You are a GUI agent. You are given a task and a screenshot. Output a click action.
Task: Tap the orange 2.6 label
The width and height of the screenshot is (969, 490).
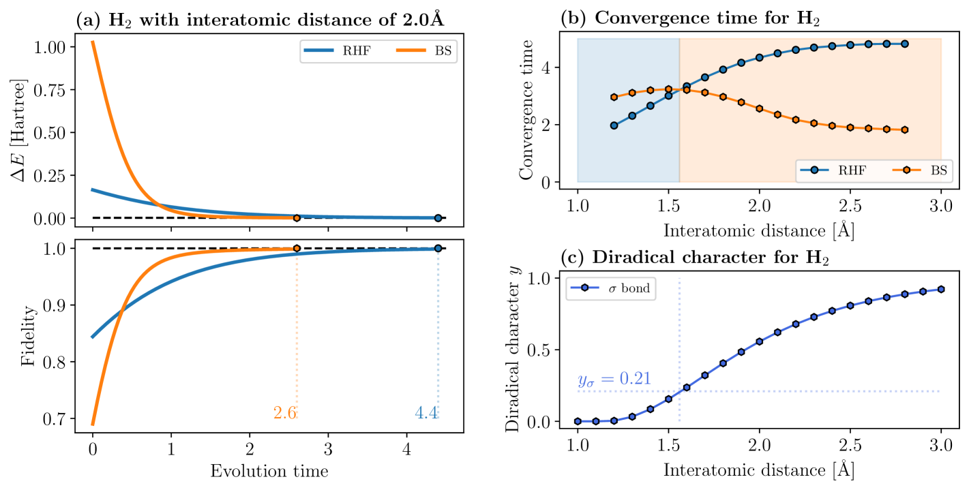click(285, 413)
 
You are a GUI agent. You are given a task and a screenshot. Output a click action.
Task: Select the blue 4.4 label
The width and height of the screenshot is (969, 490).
click(426, 413)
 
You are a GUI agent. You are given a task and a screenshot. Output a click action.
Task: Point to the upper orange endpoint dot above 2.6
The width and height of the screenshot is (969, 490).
click(297, 218)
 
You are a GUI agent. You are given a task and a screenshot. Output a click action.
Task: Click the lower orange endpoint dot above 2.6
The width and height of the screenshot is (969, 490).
click(297, 248)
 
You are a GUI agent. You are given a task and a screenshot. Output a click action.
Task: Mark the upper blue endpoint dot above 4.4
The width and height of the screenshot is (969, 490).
click(438, 218)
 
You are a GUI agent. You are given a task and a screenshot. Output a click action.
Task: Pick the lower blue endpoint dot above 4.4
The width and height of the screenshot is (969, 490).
click(438, 248)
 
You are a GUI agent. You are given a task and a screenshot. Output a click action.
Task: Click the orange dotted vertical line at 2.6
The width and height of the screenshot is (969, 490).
click(297, 327)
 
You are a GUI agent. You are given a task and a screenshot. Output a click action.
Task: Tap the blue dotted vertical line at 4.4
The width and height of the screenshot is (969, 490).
click(438, 327)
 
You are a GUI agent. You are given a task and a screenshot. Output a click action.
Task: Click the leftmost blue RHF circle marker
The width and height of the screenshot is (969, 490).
click(614, 125)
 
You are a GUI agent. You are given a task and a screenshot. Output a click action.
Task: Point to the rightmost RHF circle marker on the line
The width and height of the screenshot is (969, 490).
click(905, 44)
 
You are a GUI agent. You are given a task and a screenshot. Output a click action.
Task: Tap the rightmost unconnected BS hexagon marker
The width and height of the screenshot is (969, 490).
click(905, 129)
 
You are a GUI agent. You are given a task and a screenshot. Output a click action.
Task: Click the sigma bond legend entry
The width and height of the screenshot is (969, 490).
click(610, 288)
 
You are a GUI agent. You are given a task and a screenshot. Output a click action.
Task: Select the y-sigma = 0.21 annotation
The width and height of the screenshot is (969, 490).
click(614, 379)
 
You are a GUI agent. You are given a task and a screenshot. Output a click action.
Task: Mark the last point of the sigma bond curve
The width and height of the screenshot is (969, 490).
click(941, 289)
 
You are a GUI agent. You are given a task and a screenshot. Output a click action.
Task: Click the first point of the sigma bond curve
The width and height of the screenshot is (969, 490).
click(578, 421)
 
